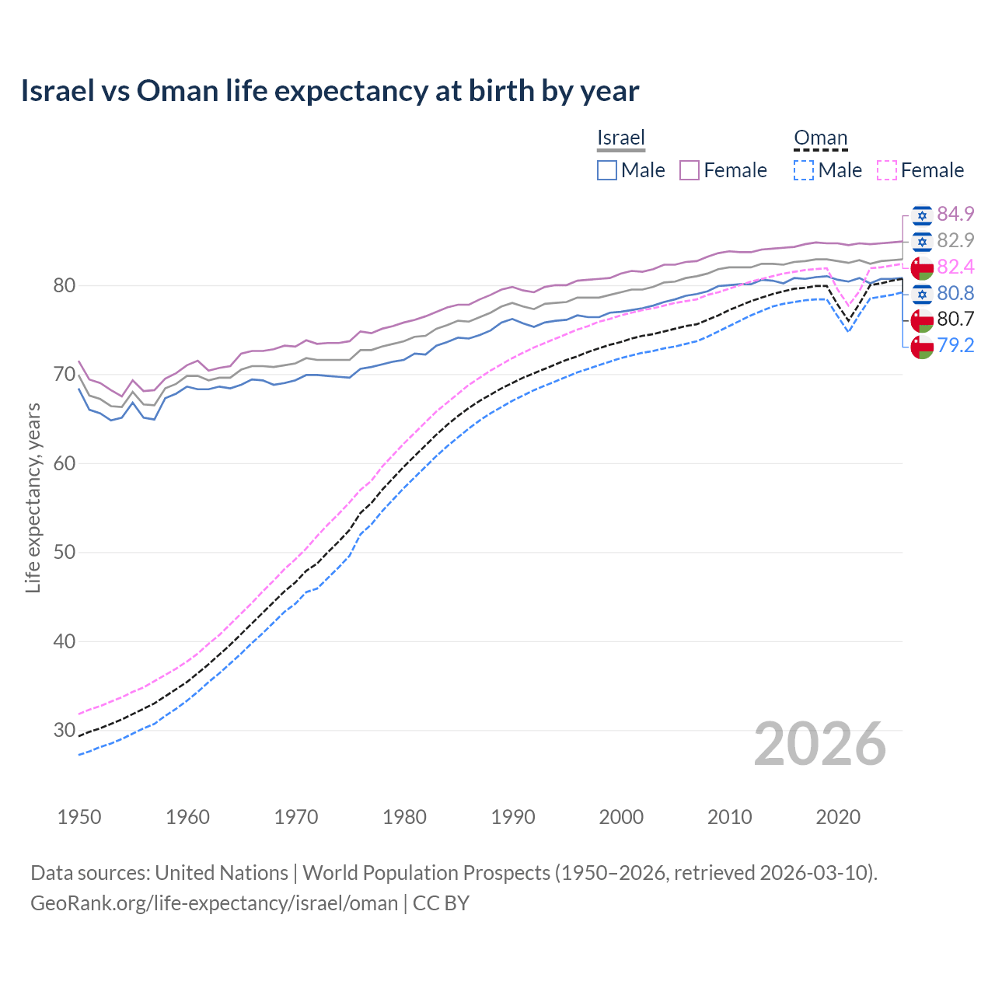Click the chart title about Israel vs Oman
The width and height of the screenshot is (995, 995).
330,91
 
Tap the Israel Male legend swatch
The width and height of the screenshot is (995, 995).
607,170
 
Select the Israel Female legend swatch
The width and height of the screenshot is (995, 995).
690,170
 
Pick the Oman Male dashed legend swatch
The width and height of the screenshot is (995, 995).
804,170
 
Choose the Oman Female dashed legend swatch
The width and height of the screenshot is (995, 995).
887,170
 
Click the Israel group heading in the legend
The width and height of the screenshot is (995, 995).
621,138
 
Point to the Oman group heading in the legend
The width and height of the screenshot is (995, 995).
820,138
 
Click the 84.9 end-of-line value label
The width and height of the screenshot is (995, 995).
955,214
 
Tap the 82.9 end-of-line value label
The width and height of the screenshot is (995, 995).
955,240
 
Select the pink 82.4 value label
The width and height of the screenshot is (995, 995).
955,267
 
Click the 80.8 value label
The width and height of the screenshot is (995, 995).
955,293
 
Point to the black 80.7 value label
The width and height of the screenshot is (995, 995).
955,319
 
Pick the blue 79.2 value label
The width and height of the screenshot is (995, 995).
955,345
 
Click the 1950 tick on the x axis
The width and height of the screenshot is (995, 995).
79,817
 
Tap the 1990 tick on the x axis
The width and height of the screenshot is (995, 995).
513,817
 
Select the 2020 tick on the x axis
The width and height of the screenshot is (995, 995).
838,817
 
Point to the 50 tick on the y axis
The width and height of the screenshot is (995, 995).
64,553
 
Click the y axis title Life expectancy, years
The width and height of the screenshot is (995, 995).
33,497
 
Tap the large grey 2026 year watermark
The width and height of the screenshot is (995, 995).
819,744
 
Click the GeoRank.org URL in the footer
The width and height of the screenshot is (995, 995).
214,903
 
